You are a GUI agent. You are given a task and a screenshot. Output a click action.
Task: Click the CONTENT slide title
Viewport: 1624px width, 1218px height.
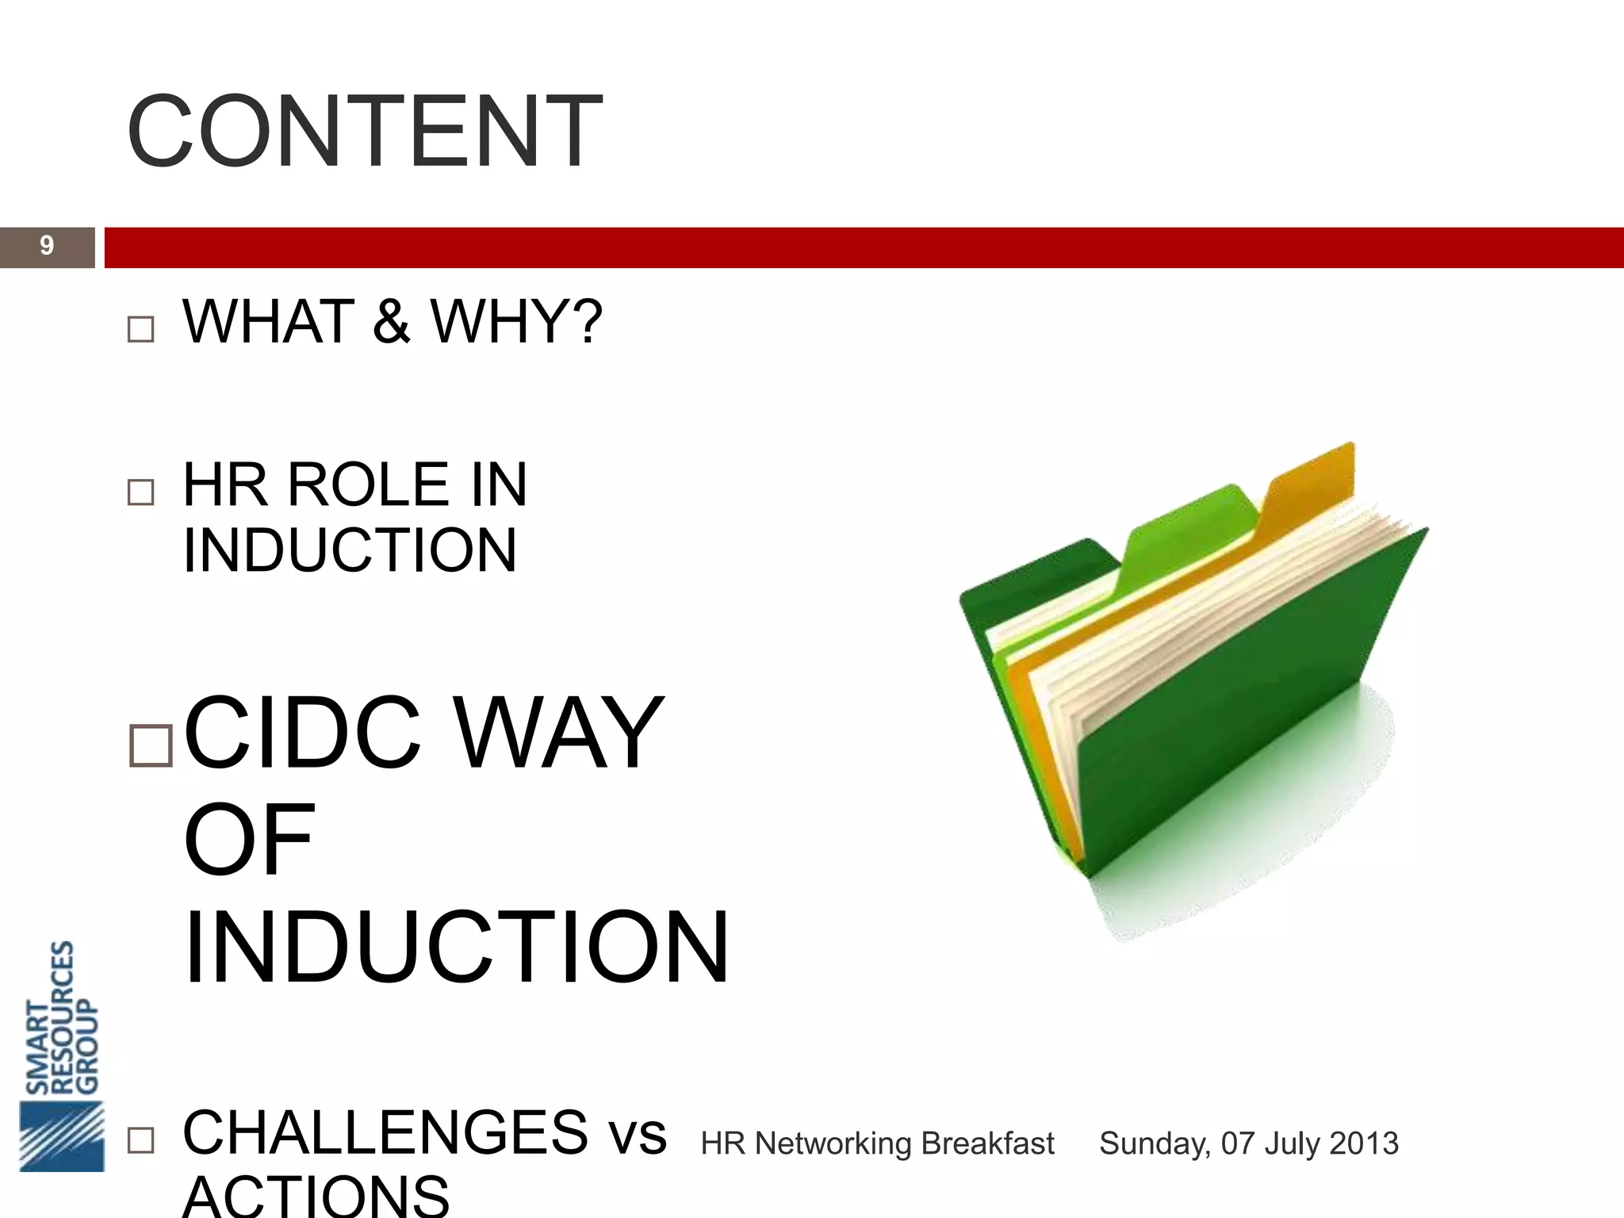pos(365,132)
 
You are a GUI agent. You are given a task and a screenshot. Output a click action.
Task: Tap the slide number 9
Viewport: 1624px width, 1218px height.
pos(47,246)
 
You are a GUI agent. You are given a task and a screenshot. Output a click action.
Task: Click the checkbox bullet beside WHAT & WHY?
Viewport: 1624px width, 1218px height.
pos(140,329)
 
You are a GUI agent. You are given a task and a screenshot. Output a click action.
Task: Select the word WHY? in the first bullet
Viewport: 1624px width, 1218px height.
pos(516,321)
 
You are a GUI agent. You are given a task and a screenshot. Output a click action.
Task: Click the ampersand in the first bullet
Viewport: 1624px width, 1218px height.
pos(392,321)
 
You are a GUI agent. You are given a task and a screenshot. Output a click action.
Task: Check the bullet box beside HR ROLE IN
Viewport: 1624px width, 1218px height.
pos(140,492)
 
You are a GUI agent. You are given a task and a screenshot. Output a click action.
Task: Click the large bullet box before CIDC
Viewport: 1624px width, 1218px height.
pos(151,745)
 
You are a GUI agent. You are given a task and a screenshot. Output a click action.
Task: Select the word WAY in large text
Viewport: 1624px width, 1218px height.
pos(560,733)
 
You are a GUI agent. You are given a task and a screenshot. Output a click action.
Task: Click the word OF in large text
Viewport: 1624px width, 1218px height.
pos(249,839)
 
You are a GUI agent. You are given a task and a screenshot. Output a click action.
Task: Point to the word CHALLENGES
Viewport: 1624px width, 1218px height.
pos(385,1132)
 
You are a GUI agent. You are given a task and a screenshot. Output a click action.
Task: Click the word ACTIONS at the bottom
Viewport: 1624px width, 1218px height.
pos(316,1197)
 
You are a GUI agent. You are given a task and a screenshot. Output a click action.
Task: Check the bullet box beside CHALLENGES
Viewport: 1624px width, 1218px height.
pos(140,1141)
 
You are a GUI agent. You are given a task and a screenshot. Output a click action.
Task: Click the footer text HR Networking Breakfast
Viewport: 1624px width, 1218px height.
pos(877,1143)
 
